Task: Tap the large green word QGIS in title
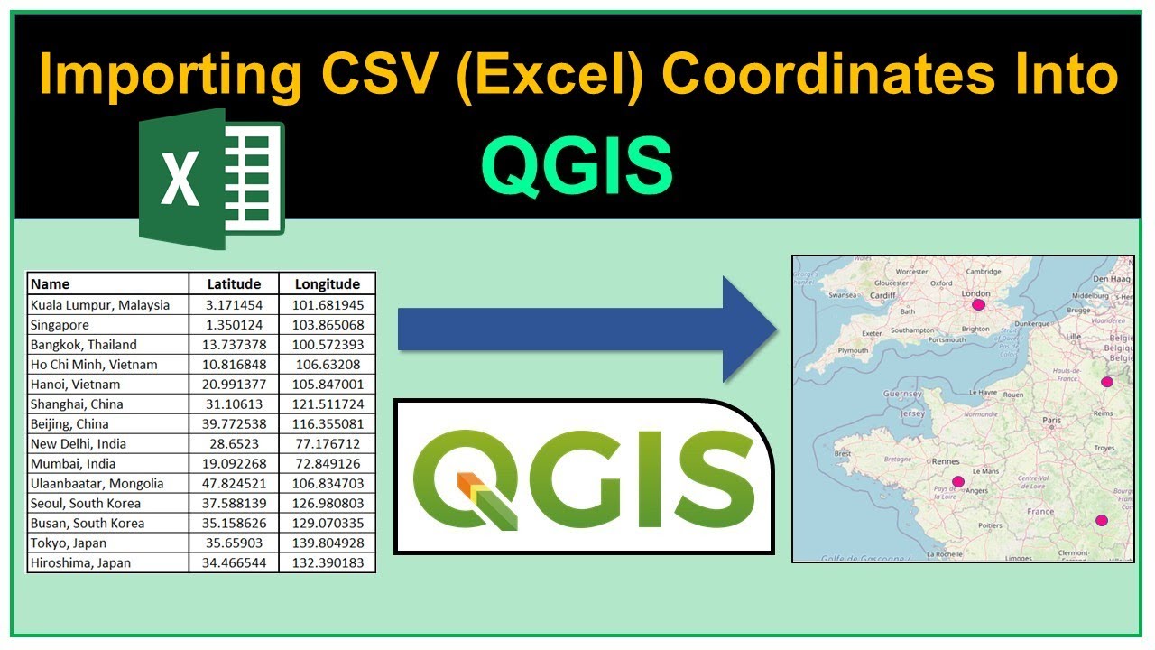coord(577,166)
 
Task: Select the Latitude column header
coord(234,283)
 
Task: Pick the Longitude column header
coord(328,283)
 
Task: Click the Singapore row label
coord(60,325)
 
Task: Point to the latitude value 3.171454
coord(234,305)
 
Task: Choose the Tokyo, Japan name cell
coord(69,543)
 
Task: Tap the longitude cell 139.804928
coord(328,543)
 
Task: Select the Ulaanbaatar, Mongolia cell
coord(97,484)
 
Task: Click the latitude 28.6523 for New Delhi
coord(234,444)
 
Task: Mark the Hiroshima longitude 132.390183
coord(328,563)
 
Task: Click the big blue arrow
coord(587,330)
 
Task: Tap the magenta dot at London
coord(978,305)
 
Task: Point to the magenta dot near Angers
coord(958,482)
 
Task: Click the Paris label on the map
coord(1051,421)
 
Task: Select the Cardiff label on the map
coord(882,295)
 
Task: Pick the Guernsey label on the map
coord(902,395)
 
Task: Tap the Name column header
coord(51,283)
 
